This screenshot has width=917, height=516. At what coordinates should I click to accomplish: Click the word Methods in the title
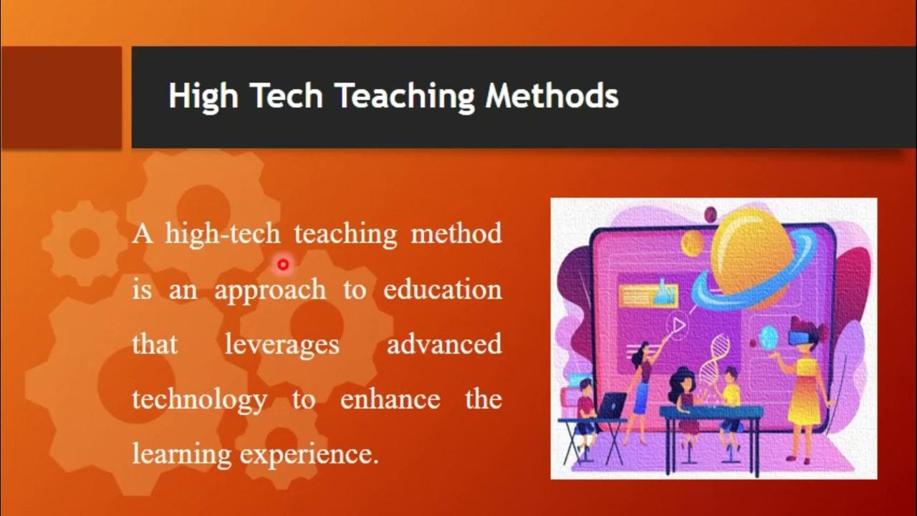pos(552,96)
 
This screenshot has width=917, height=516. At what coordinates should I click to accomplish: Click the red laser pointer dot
pos(283,265)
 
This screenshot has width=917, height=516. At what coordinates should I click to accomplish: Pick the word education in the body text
pos(442,290)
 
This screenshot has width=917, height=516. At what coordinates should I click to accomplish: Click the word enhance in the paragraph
pos(390,399)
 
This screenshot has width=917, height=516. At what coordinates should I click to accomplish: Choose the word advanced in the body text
pos(444,345)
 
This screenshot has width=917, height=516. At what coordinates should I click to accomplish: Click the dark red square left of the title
pos(61,97)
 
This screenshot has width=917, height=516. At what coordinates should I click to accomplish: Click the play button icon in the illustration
pos(678,327)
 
